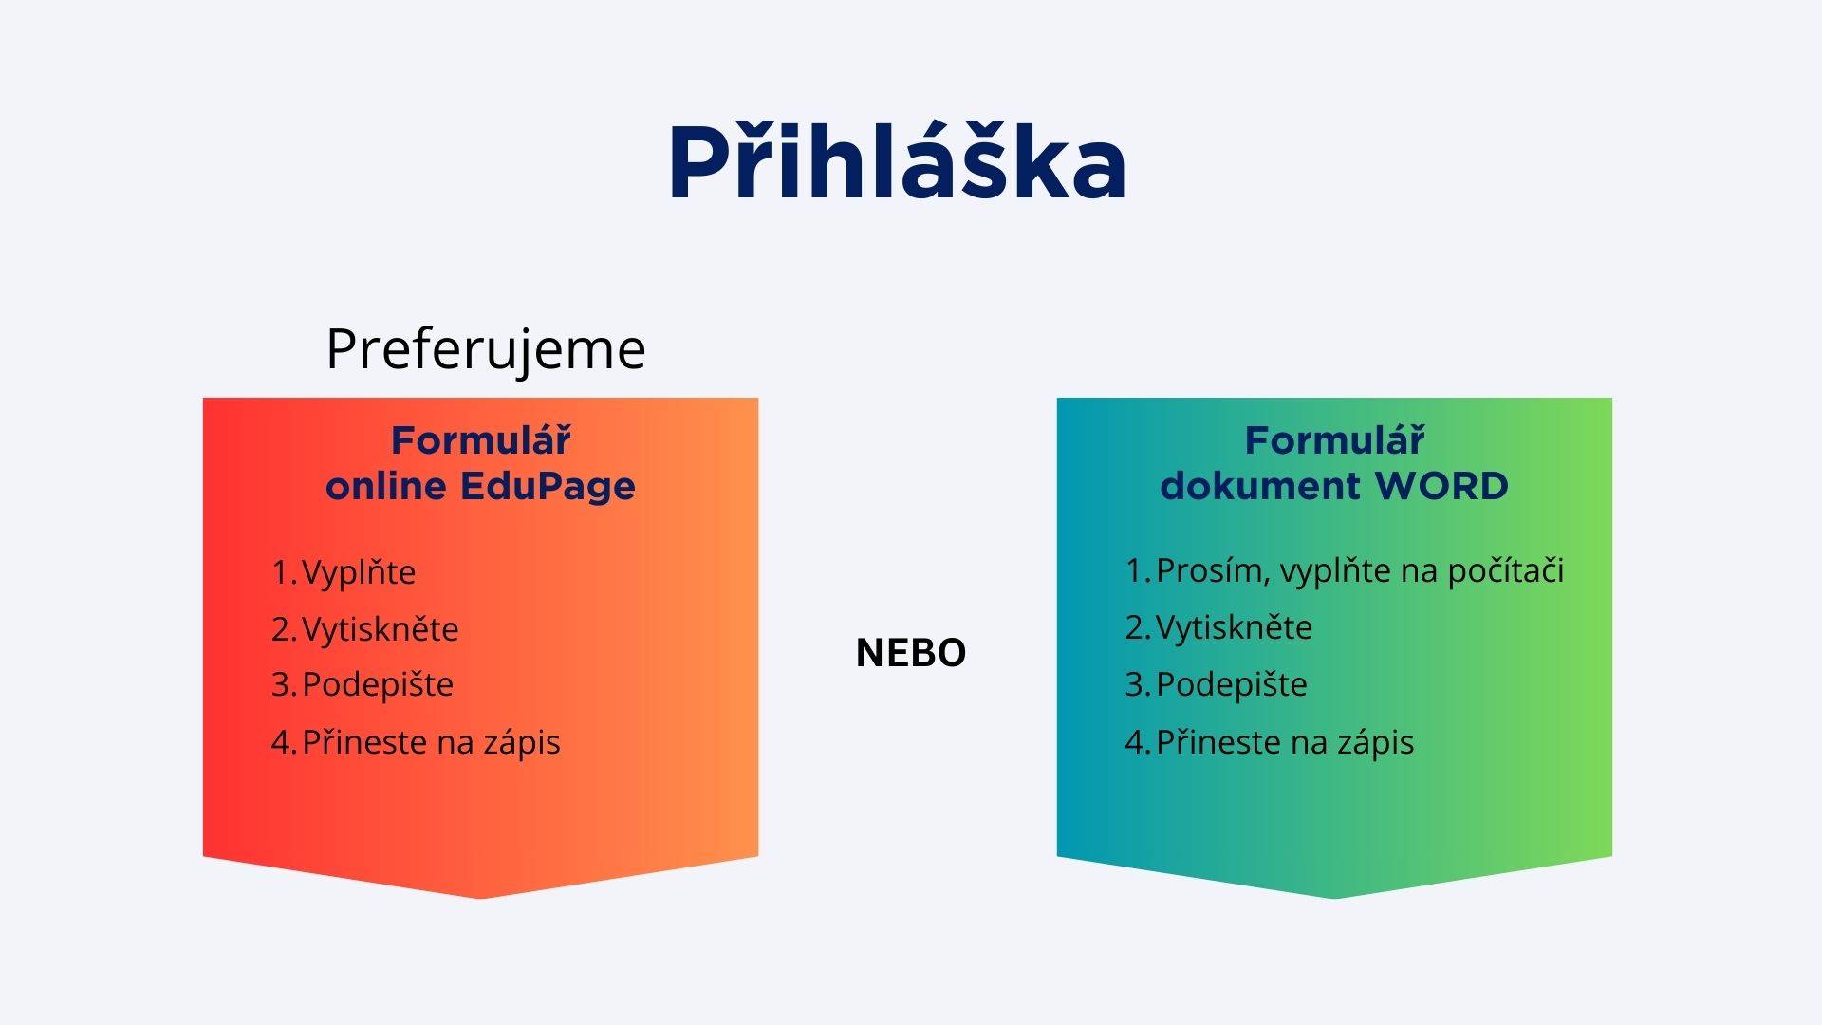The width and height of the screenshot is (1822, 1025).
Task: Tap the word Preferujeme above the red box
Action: pos(486,350)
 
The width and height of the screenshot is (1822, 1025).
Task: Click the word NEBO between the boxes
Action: pos(911,653)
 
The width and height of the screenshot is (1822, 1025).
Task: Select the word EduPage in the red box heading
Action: pos(548,486)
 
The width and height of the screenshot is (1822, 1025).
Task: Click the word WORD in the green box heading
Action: pos(1441,486)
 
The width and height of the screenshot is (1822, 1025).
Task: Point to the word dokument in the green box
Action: pos(1261,486)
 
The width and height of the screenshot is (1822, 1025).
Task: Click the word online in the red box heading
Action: pos(386,486)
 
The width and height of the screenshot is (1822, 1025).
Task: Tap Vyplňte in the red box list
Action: pos(359,572)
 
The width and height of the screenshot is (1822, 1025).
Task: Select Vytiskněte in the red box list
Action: pos(381,629)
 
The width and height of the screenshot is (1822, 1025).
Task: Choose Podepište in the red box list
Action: pos(378,684)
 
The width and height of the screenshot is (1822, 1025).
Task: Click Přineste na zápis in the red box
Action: pos(432,741)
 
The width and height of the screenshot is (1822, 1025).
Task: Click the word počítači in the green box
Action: pos(1506,570)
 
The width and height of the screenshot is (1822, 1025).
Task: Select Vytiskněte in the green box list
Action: pos(1235,627)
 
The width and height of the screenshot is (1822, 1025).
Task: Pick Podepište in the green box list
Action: pos(1232,684)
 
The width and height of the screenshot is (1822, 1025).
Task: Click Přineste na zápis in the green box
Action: pos(1286,741)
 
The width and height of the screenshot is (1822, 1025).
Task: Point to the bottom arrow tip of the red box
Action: pos(480,898)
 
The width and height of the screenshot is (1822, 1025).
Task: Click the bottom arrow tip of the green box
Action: pos(1334,898)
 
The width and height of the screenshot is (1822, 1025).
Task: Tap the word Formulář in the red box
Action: pos(481,440)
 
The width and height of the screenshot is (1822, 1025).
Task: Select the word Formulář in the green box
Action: pos(1335,440)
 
